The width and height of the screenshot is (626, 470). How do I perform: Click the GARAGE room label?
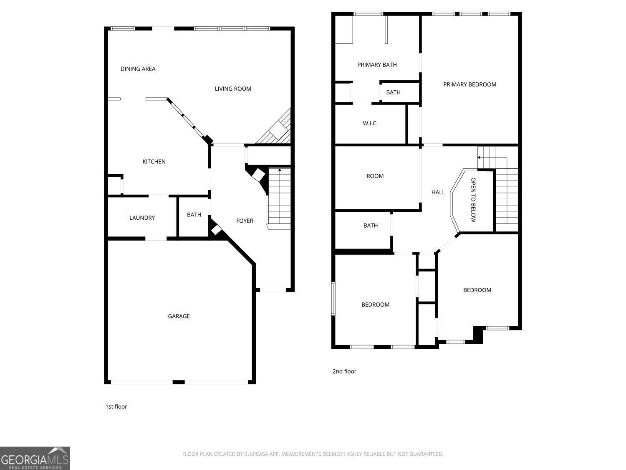click(179, 316)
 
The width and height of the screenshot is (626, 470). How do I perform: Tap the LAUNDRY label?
click(142, 218)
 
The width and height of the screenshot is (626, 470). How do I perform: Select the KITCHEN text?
click(154, 162)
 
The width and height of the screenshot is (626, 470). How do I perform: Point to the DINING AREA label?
click(138, 69)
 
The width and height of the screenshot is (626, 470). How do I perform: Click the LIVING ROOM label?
click(233, 89)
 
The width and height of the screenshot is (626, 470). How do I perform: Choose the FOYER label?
click(245, 221)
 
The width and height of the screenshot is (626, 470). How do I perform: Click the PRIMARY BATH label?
click(377, 65)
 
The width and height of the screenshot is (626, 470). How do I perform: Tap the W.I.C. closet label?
click(370, 124)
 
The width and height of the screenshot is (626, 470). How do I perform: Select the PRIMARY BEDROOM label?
click(469, 84)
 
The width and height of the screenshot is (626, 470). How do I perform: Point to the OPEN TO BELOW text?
click(473, 200)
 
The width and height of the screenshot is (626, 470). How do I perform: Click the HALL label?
click(438, 192)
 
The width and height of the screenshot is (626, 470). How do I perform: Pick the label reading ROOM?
click(375, 176)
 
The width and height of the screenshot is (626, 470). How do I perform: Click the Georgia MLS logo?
click(35, 458)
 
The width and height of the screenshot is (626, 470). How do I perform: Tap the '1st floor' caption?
click(116, 406)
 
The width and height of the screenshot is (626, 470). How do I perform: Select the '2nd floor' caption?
click(344, 371)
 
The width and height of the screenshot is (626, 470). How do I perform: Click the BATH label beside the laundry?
click(194, 215)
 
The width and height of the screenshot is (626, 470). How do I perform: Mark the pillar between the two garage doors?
click(179, 382)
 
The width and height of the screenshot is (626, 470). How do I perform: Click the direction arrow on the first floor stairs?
click(279, 170)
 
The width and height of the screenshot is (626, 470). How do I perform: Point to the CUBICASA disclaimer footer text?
click(313, 454)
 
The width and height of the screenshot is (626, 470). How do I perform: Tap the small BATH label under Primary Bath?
click(393, 92)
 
